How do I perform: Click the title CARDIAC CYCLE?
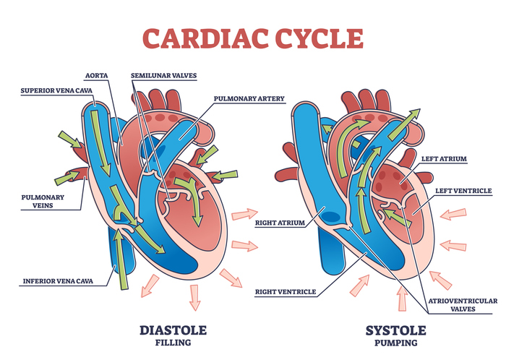[252, 36]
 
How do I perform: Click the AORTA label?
[96, 74]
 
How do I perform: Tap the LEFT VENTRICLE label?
[462, 191]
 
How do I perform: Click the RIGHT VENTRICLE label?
[284, 292]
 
